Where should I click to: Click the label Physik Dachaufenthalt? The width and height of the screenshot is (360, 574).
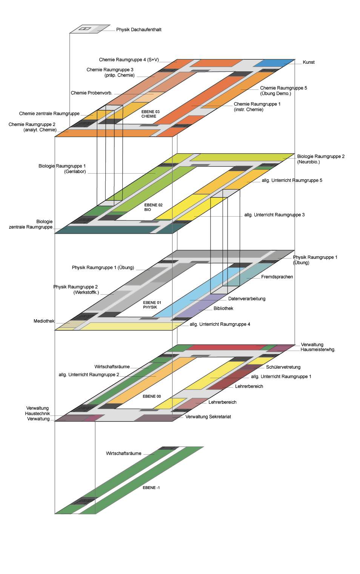tap(138, 30)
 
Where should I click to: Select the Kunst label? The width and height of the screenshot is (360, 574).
tap(309, 62)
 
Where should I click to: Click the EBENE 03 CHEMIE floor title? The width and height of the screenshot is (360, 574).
tap(151, 114)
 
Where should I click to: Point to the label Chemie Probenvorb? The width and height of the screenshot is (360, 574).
tap(91, 93)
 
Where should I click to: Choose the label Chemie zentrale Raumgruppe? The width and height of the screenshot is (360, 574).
tap(49, 114)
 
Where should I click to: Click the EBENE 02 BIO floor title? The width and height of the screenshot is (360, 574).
tap(153, 207)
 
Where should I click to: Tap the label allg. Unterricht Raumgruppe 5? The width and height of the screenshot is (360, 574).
tap(292, 180)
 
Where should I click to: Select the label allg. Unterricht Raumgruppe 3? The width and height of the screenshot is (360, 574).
tap(274, 215)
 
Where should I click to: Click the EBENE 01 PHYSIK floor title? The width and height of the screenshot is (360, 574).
tap(152, 305)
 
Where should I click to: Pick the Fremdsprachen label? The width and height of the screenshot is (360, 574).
tap(277, 277)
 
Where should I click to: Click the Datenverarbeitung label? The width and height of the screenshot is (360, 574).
tap(247, 299)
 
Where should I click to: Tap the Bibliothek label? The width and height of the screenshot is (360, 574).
tap(223, 309)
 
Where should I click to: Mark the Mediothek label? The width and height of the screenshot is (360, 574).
tap(44, 321)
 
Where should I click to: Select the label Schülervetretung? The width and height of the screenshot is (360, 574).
tap(283, 367)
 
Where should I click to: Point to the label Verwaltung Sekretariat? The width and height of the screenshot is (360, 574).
tap(208, 417)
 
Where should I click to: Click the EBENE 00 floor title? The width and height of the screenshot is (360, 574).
tap(152, 396)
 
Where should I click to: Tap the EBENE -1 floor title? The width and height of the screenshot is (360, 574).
tap(151, 488)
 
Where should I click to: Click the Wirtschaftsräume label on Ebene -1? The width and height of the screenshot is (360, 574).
tap(123, 453)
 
